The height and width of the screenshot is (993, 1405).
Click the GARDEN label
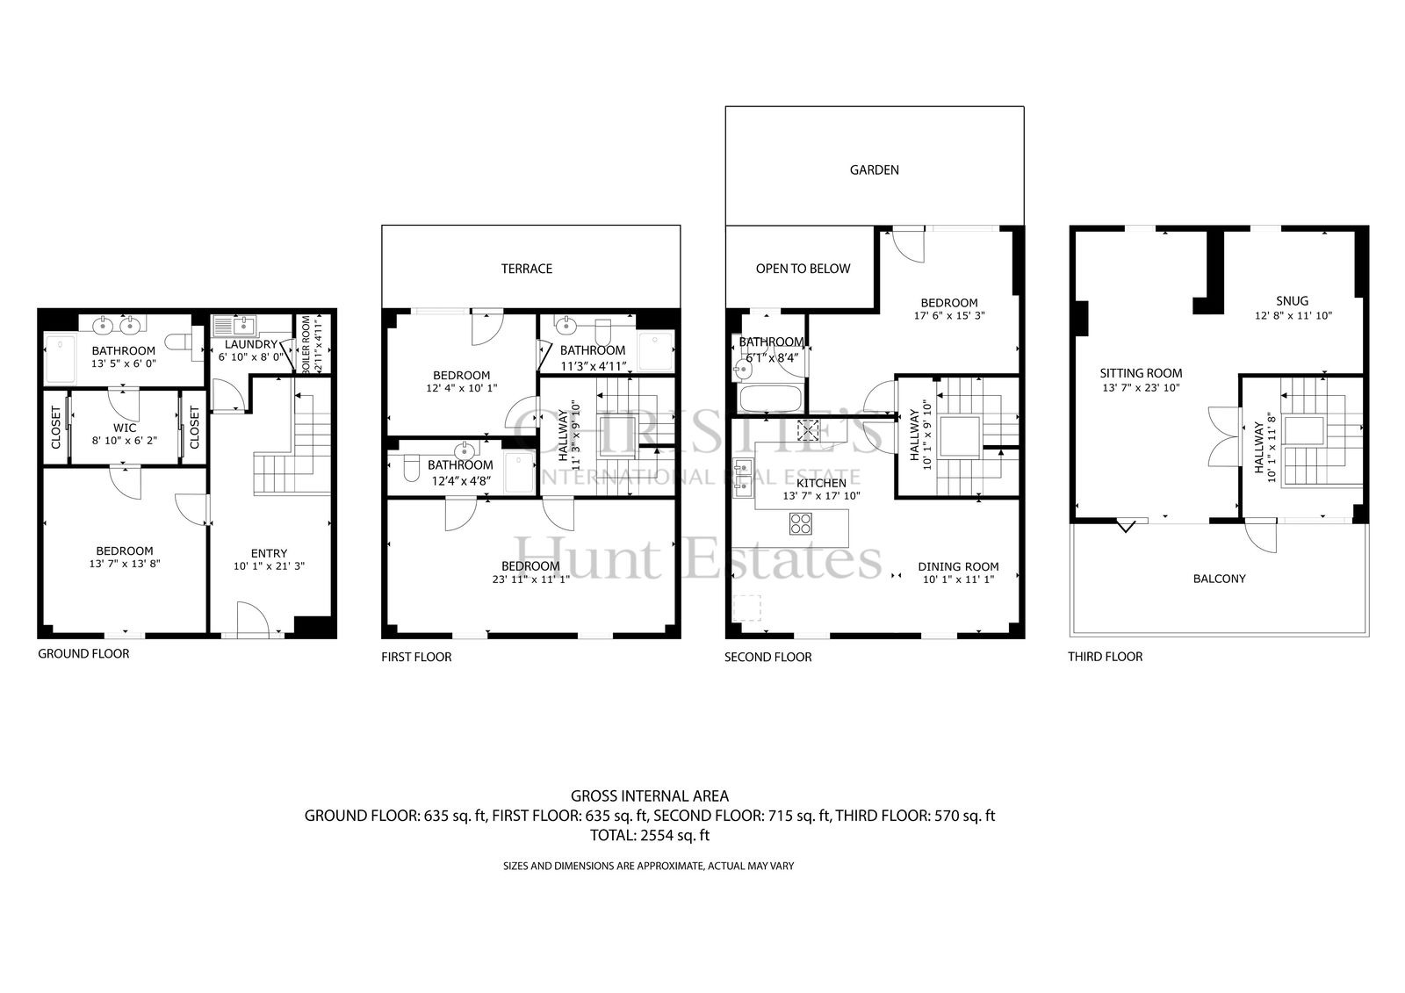pyautogui.click(x=874, y=170)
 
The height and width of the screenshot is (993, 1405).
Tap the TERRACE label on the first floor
pyautogui.click(x=526, y=270)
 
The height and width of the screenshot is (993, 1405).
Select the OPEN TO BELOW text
pyautogui.click(x=803, y=270)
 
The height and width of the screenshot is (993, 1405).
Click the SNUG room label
pyautogui.click(x=1292, y=301)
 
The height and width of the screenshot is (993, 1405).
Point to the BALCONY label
pyautogui.click(x=1220, y=579)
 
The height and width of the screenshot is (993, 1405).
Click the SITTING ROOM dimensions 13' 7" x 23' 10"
pyautogui.click(x=1141, y=388)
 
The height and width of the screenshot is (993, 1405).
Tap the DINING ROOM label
pyautogui.click(x=958, y=567)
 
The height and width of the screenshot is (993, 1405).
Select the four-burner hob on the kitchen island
pyautogui.click(x=800, y=523)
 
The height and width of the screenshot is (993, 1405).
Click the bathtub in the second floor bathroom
pyautogui.click(x=769, y=399)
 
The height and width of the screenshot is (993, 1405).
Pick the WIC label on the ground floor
pyautogui.click(x=125, y=428)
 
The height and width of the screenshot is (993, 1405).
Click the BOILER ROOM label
pyautogui.click(x=306, y=346)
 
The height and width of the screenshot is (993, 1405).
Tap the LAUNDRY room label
pyautogui.click(x=251, y=345)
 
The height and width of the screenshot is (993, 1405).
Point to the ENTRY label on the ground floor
pyautogui.click(x=269, y=554)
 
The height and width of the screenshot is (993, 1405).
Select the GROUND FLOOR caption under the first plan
pyautogui.click(x=83, y=653)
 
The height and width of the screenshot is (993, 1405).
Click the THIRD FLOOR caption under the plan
pyautogui.click(x=1106, y=657)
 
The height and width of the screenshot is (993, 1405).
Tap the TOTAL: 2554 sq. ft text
pyautogui.click(x=650, y=836)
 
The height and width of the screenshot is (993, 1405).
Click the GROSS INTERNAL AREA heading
pyautogui.click(x=650, y=796)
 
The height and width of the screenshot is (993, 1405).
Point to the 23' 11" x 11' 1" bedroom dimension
pyautogui.click(x=530, y=579)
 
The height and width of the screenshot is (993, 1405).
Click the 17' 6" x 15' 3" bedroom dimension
pyautogui.click(x=949, y=316)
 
